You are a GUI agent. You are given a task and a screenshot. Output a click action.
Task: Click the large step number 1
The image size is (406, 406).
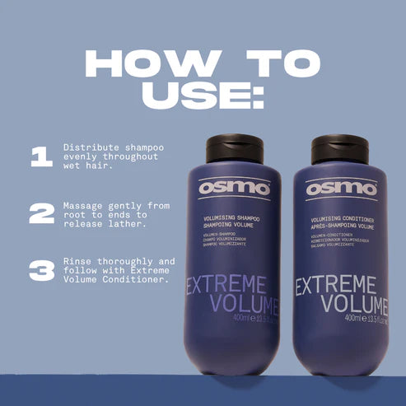[41, 157]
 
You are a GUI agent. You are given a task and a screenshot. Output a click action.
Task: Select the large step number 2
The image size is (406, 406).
[41, 213]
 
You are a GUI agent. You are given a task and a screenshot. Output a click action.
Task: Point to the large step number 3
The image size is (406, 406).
[41, 269]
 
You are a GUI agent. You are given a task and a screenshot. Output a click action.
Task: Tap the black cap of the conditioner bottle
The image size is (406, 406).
[339, 148]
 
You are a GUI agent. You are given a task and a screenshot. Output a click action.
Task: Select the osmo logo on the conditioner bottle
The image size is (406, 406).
[341, 188]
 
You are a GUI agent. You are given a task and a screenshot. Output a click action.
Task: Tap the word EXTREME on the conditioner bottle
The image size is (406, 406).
[342, 287]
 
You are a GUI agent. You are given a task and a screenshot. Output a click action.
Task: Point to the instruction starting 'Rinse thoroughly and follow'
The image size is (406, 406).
[118, 269]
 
